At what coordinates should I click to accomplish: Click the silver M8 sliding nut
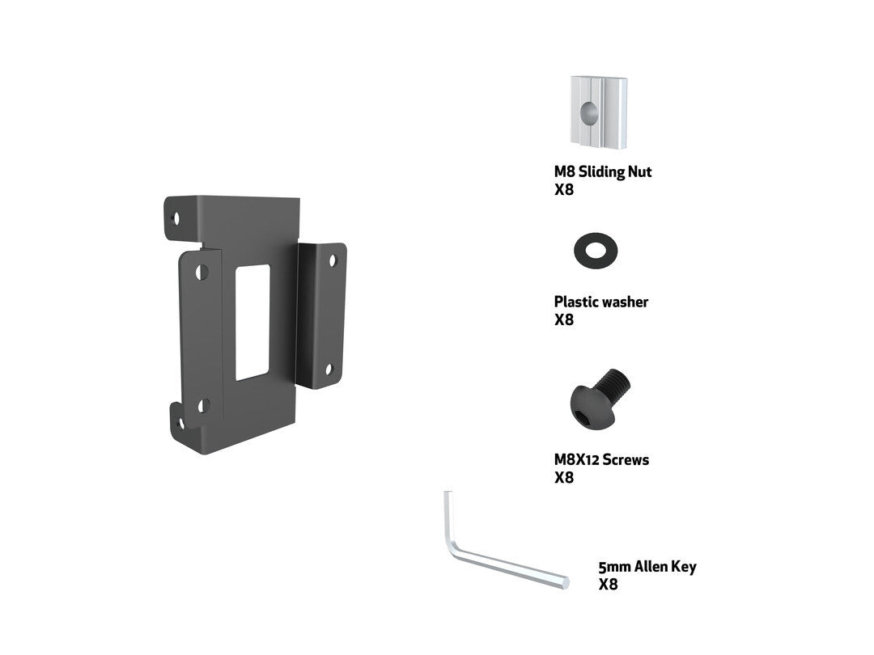click(599, 112)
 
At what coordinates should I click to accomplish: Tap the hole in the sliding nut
click(589, 113)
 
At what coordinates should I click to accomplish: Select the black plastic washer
click(596, 251)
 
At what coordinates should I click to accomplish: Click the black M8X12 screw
click(600, 399)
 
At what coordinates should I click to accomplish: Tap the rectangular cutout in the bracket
click(252, 322)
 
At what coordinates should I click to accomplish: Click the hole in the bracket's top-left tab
click(176, 218)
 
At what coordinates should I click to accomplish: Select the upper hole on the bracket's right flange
click(333, 260)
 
